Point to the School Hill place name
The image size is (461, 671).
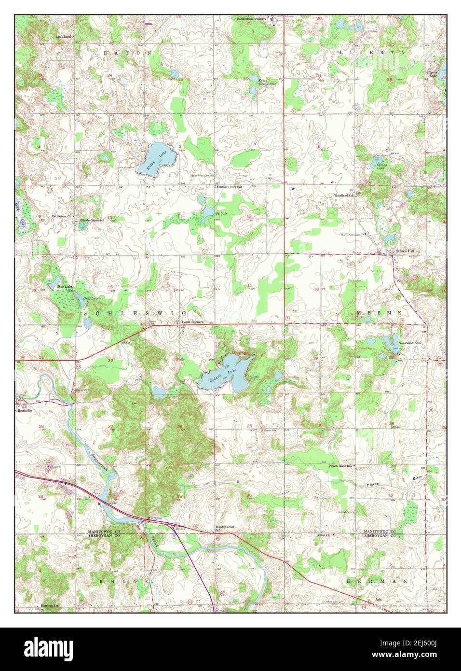point(405,251)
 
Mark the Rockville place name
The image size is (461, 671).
point(25,410)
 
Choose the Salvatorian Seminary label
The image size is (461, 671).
point(251,19)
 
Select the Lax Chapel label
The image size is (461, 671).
point(64,36)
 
